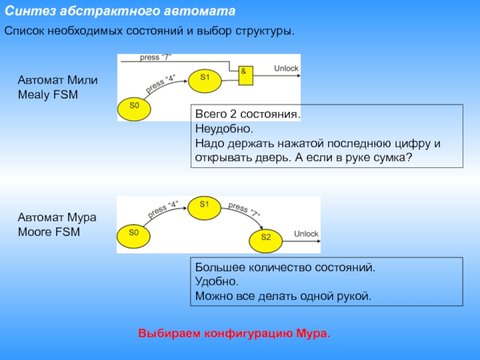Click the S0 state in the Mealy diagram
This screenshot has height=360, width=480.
tap(134, 106)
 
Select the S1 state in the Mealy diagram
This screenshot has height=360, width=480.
tap(205, 78)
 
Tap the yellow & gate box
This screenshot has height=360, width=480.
tap(245, 74)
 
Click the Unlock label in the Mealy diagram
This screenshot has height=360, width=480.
tap(286, 68)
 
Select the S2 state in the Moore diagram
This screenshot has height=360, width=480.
tap(266, 239)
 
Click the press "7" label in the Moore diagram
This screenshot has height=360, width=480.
tap(244, 211)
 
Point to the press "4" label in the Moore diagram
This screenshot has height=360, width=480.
tap(163, 209)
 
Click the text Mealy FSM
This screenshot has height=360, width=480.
tap(48, 94)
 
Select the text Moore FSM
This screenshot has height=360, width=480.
tap(49, 232)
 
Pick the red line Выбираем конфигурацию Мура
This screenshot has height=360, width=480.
tap(235, 333)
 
